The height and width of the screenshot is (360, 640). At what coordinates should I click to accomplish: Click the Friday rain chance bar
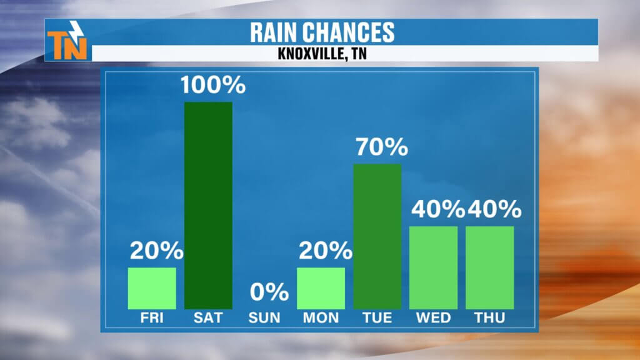point(152,288)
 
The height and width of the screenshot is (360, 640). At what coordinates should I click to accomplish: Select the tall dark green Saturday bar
point(208,205)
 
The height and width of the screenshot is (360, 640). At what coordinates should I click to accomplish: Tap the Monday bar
point(321,288)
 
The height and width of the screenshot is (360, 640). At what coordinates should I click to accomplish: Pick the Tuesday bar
point(377,236)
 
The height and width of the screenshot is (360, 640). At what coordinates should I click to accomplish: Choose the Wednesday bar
point(433,267)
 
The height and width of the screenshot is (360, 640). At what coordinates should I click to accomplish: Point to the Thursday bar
point(489,267)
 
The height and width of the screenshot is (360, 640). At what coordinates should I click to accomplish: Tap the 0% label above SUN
point(269,292)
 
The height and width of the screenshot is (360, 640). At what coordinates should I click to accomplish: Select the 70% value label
point(381,148)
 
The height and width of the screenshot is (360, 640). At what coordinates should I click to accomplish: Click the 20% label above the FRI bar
point(156,251)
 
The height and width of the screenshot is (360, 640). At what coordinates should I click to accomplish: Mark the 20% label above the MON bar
point(325,251)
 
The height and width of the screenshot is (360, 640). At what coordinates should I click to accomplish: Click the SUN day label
point(264,318)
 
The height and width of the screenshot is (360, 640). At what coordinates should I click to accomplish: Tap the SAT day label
point(208,318)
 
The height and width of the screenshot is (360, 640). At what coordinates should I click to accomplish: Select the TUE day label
point(377,318)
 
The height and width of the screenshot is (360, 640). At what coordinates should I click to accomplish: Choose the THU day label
point(489,318)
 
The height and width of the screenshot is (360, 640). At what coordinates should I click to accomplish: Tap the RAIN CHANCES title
point(322,32)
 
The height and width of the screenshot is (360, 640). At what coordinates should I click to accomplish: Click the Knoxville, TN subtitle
point(322,54)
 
